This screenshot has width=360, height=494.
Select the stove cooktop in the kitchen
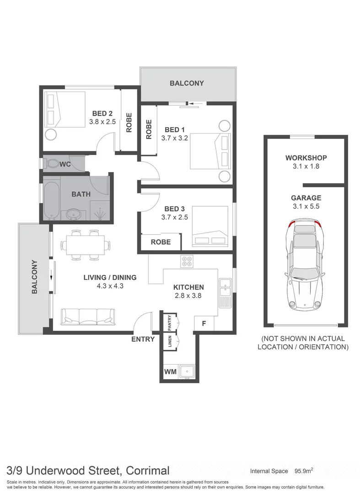[x=187, y=262]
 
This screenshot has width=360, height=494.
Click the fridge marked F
[x=204, y=323]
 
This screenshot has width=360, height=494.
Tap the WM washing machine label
[x=170, y=372]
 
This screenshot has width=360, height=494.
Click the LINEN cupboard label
[x=169, y=342]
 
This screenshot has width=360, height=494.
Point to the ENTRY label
[x=143, y=339]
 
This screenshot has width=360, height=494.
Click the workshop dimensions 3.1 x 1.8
[x=306, y=166]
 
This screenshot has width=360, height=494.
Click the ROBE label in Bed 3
[x=161, y=242]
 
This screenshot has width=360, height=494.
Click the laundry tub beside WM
[x=187, y=371]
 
